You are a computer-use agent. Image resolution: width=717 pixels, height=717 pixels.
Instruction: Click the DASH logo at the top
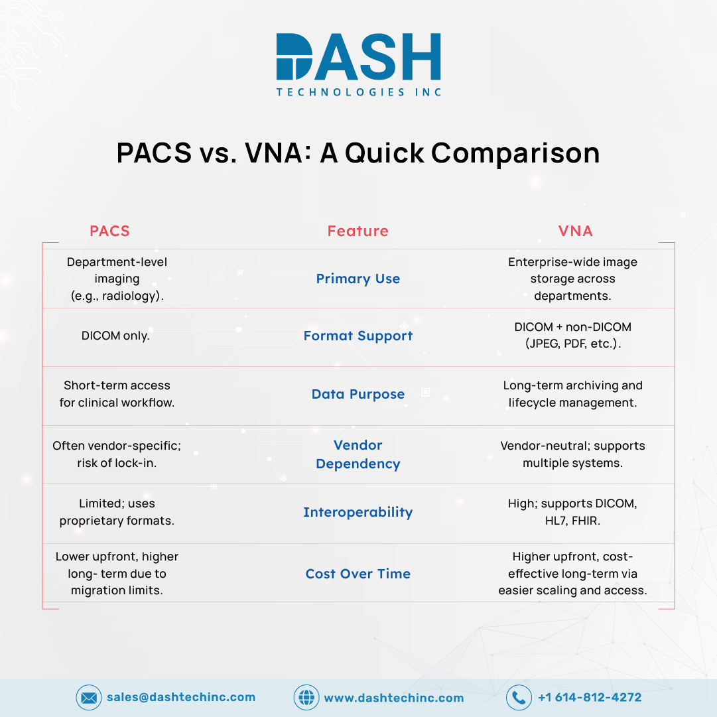358,64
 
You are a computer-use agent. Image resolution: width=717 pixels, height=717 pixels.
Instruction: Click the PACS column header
109,231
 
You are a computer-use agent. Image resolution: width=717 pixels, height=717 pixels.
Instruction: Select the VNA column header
575,231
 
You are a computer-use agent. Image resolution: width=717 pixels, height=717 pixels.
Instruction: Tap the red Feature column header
358,231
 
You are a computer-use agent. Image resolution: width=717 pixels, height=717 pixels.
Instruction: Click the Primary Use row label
358,279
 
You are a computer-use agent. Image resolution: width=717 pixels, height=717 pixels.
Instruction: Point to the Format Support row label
358,336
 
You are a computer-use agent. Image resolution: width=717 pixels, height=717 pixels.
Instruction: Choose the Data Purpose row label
358,394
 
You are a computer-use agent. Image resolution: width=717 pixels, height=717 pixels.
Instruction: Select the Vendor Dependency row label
358,454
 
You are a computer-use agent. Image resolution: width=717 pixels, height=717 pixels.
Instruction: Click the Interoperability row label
358,512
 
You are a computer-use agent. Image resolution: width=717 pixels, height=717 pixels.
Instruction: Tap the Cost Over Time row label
358,574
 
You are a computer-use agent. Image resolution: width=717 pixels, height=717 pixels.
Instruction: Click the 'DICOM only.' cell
115,336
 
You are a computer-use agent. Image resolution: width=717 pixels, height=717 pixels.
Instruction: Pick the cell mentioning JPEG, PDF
573,335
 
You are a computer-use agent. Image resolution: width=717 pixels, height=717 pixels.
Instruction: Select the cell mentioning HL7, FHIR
572,511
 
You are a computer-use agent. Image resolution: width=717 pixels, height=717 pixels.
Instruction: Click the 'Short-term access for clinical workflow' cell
117,394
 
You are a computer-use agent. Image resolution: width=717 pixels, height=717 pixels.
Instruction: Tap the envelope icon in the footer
89,697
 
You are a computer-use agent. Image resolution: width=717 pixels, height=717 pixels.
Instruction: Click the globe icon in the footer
306,697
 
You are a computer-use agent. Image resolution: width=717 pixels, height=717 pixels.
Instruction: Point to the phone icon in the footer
519,697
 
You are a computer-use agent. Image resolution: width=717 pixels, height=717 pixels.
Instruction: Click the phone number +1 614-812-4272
590,697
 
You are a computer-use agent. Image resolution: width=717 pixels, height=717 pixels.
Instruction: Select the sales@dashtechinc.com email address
181,697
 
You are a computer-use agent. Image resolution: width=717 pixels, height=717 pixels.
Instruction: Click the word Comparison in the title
515,153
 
